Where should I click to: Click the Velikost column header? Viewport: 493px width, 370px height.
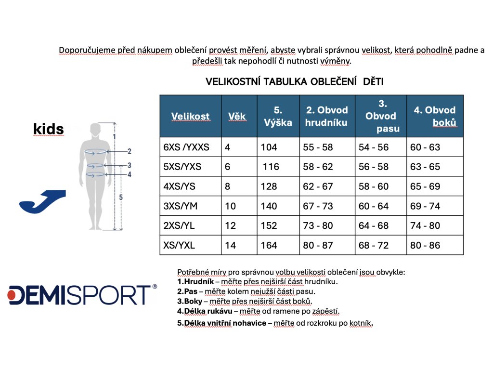tap(190, 116)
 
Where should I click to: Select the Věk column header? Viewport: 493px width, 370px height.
tap(237, 116)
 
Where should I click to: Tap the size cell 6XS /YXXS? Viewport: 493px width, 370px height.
tap(186, 147)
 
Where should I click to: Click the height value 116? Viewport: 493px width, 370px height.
tap(271, 166)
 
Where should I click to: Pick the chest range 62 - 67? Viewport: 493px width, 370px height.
tap(318, 186)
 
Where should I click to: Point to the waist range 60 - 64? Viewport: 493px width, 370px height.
tap(374, 206)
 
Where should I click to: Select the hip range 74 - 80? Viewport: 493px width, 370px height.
tap(425, 225)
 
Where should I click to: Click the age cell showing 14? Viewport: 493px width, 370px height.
tap(231, 245)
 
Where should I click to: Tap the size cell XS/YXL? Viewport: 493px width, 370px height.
tap(179, 245)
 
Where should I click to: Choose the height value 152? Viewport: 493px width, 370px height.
tap(269, 225)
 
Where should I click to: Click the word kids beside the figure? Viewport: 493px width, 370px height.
tap(49, 129)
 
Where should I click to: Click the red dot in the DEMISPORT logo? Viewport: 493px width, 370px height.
tap(12, 295)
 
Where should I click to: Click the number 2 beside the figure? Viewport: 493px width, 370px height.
tap(129, 151)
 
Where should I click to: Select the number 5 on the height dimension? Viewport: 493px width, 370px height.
tap(121, 197)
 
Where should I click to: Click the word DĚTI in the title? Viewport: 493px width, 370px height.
tap(373, 81)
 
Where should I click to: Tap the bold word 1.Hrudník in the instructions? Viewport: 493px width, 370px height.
tap(195, 281)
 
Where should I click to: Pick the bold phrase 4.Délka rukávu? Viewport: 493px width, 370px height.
tap(205, 311)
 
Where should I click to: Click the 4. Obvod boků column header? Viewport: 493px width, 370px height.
tap(435, 116)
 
